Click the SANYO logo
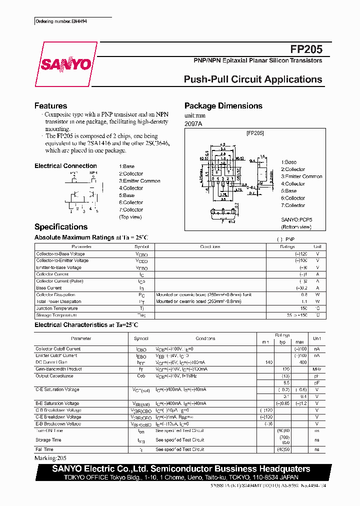tap(65, 64)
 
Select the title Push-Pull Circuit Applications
tap(253, 79)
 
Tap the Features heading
tap(50, 106)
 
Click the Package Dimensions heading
tap(223, 106)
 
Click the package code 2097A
tap(193, 123)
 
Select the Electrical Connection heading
tap(65, 166)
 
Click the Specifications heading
tap(60, 226)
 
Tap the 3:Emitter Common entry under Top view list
tap(139, 181)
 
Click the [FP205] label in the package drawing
tap(254, 133)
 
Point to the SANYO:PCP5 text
tap(296, 219)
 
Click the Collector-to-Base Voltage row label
tap(60, 254)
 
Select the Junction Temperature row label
tap(57, 308)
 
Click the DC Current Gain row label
tap(51, 362)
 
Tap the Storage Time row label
tap(48, 440)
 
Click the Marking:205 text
tap(50, 457)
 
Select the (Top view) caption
tap(130, 217)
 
